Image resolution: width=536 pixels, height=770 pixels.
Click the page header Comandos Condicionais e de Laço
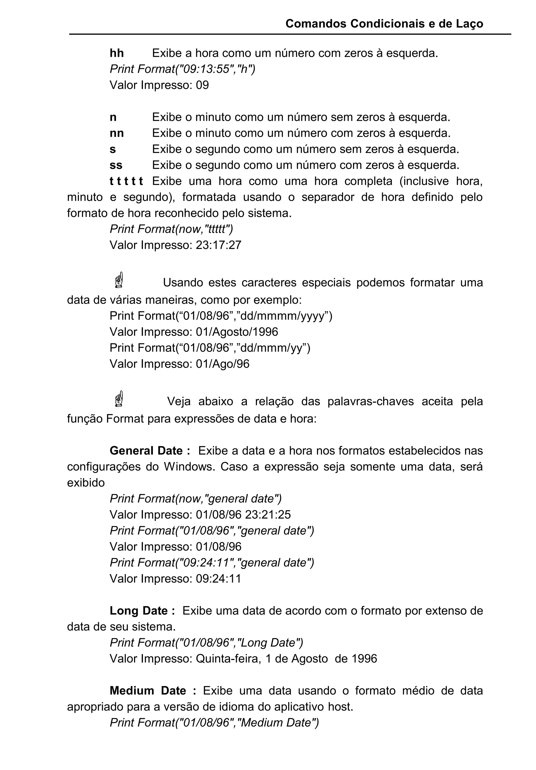tap(384, 24)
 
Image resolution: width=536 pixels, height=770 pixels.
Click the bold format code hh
tap(117, 53)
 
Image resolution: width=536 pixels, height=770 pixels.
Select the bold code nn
tap(117, 134)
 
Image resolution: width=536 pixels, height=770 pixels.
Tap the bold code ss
tap(116, 165)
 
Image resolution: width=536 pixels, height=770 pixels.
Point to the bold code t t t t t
tap(126, 181)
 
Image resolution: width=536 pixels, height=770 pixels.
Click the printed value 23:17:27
tap(218, 245)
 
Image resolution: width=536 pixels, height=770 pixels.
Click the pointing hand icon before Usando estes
tap(119, 280)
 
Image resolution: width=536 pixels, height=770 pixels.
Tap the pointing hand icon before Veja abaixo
tap(119, 399)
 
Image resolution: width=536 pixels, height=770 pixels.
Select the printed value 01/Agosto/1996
tap(237, 332)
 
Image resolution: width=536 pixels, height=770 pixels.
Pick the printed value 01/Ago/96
tap(222, 364)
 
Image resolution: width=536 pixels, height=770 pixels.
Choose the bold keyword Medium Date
tap(148, 690)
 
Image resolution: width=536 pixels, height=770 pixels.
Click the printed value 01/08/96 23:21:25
tap(243, 515)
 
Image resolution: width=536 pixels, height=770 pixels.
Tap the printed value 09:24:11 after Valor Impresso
tap(218, 579)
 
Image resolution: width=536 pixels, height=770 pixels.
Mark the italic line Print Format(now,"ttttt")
tap(171, 229)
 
